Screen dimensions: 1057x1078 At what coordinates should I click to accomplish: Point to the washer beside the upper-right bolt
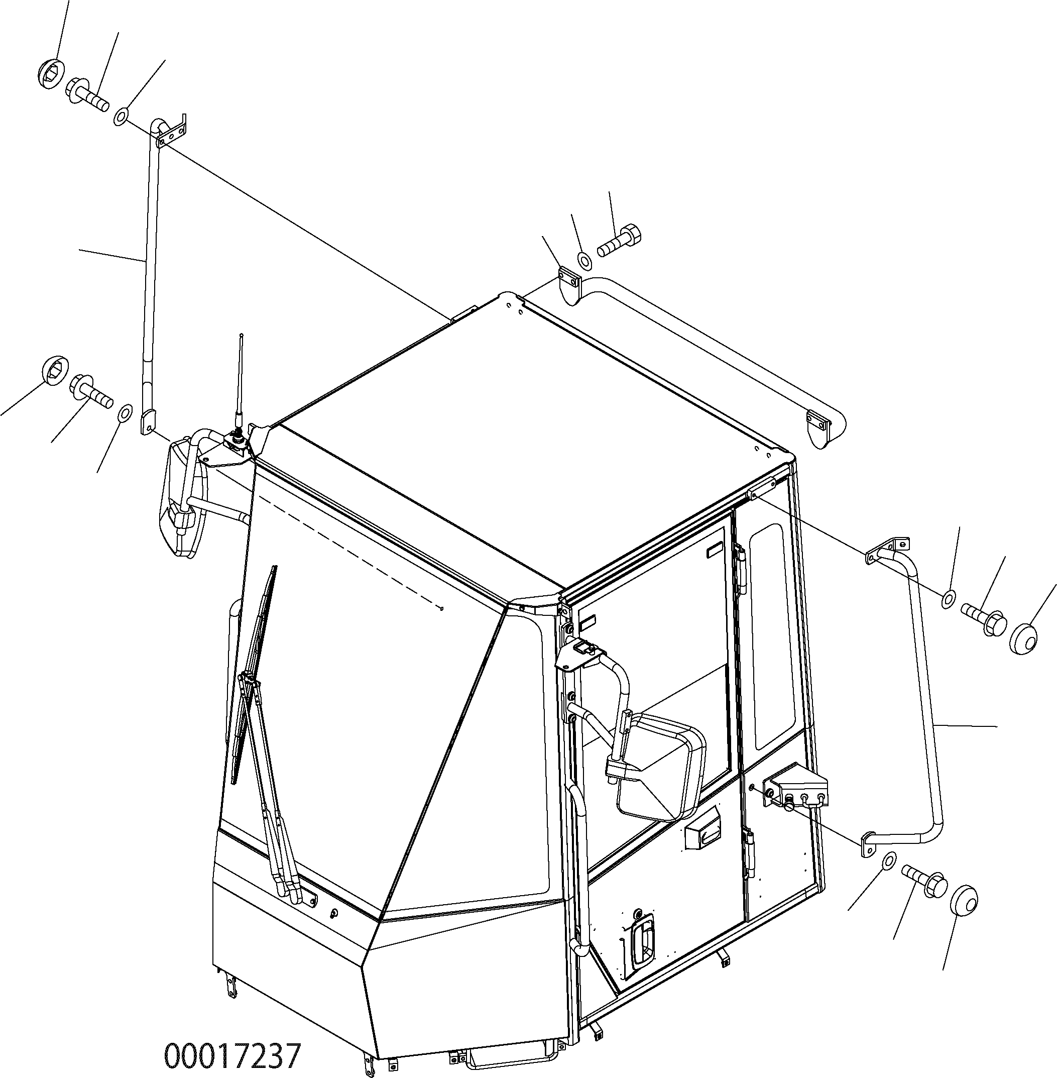(948, 599)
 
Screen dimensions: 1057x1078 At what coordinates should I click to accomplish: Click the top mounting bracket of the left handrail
(171, 133)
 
